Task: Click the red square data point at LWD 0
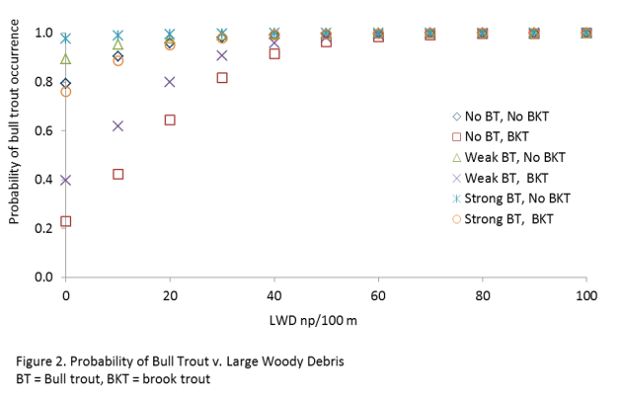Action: point(66,221)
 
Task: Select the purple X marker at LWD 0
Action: point(66,180)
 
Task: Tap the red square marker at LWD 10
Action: point(118,174)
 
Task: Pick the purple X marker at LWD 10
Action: point(118,125)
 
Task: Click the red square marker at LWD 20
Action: point(170,119)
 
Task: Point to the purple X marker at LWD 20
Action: point(170,82)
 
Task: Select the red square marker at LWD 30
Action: point(222,77)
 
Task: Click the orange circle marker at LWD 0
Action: point(66,92)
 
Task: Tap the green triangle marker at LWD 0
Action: point(66,59)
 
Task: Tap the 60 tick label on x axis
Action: point(378,297)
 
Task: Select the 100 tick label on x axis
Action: point(586,297)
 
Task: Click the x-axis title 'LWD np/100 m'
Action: point(326,322)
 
